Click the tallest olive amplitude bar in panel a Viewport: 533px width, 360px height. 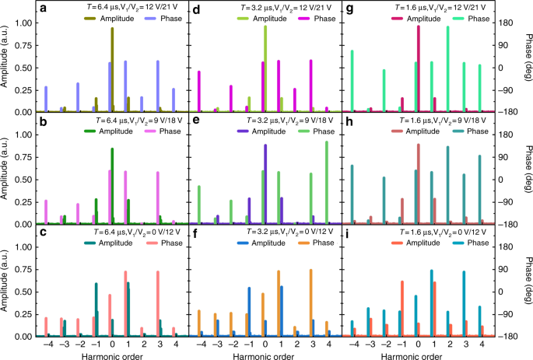click(112, 70)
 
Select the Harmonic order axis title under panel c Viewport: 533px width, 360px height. click(112, 354)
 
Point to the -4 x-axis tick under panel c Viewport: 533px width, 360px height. click(47, 342)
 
